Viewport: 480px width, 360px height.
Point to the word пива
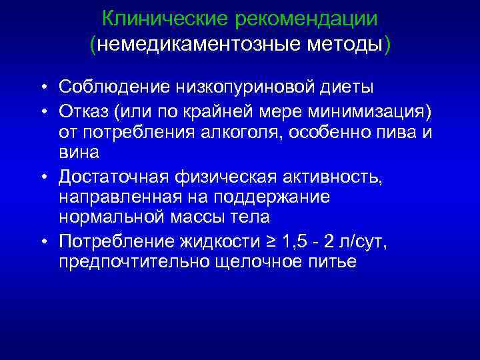click(396, 131)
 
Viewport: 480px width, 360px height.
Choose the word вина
click(79, 153)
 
